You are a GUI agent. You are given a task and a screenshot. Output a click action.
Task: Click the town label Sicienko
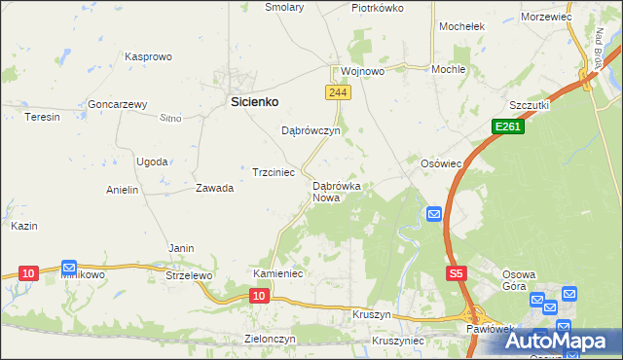254,100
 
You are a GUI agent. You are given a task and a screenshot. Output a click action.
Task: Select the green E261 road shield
506,126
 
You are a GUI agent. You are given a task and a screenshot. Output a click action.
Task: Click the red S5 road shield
457,275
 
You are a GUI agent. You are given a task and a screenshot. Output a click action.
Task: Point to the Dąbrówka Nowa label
337,191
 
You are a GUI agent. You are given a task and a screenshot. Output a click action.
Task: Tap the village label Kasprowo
148,57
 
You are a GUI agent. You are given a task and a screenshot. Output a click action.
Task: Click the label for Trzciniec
274,172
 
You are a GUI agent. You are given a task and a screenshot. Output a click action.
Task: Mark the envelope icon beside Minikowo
69,267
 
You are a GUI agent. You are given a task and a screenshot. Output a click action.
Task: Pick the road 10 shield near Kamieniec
258,294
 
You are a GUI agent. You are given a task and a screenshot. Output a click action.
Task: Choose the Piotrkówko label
378,7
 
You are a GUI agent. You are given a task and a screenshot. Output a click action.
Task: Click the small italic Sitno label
170,118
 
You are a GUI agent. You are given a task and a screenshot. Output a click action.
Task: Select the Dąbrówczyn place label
310,130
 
